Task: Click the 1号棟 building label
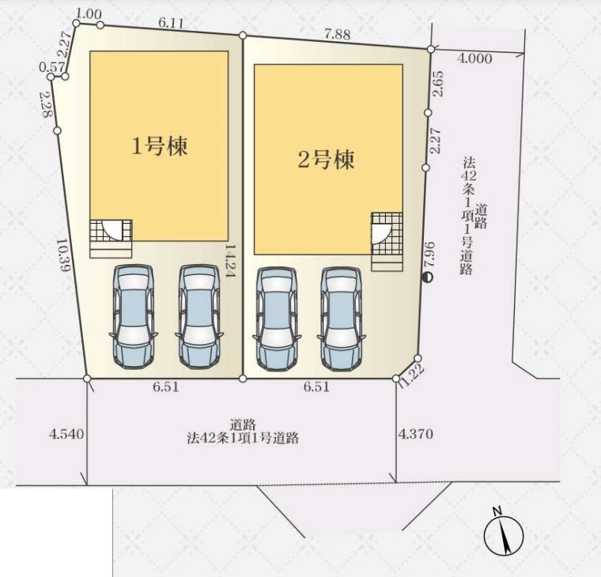160,146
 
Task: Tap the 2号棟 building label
326,160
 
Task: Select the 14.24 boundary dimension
230,261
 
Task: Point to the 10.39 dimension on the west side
62,255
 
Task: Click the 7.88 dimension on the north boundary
338,35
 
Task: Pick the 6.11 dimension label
171,24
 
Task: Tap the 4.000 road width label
475,58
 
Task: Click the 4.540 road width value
66,434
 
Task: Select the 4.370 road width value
416,434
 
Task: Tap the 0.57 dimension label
52,67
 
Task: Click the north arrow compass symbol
503,534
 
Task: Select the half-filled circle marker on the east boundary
427,277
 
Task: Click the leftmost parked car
133,317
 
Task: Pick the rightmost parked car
341,319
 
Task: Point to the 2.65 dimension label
438,84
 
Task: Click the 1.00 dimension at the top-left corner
89,14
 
